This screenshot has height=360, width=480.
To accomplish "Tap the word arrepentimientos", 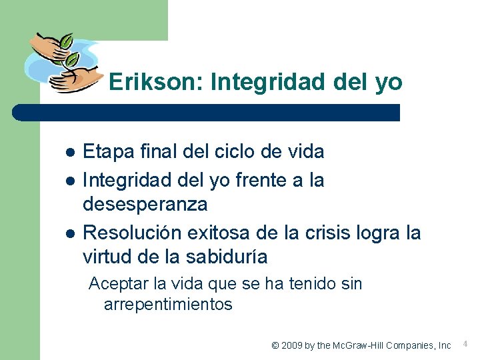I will [x=168, y=305].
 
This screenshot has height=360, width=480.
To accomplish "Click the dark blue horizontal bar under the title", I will [x=207, y=113].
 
